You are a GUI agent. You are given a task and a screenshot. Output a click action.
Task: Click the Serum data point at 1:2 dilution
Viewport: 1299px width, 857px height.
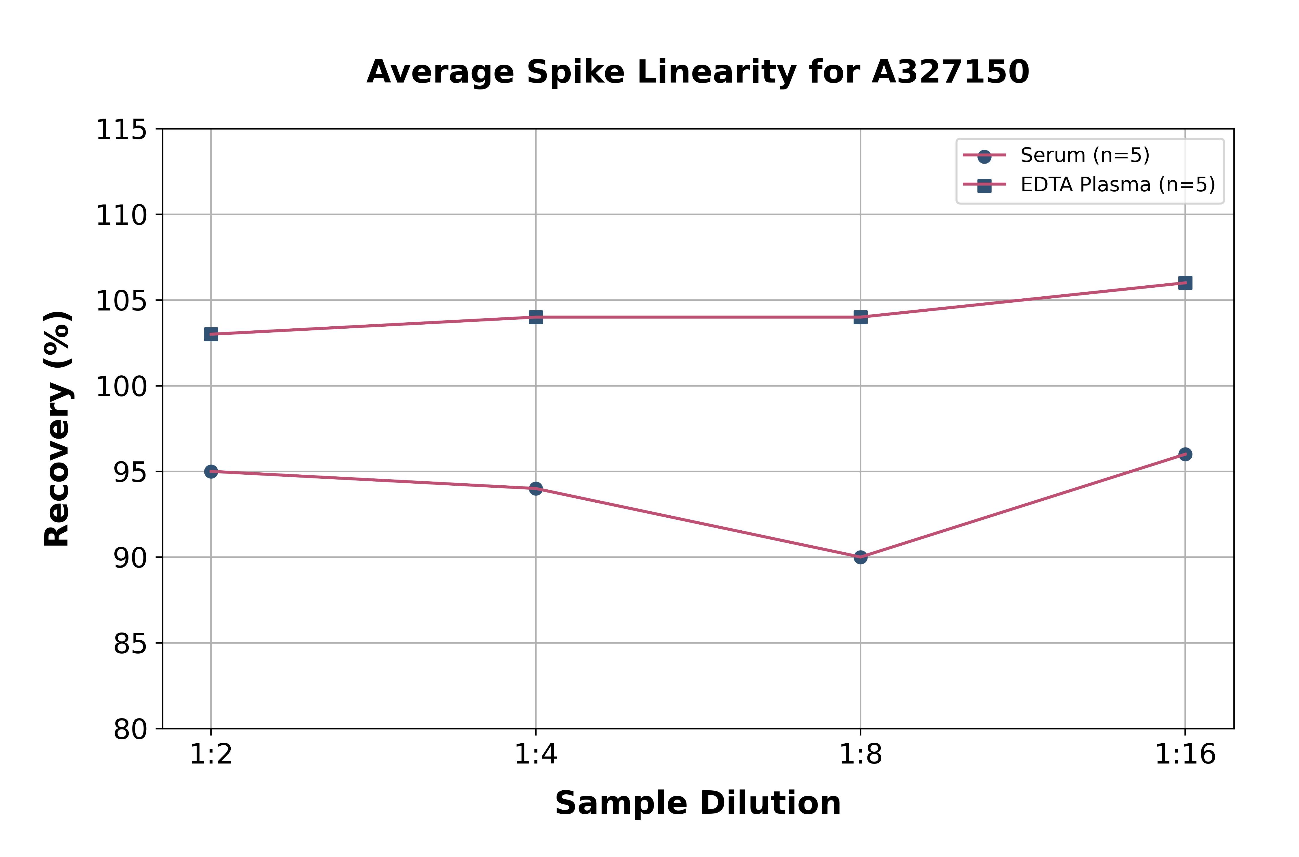pyautogui.click(x=211, y=471)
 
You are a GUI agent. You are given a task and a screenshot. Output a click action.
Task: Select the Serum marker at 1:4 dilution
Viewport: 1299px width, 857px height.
pyautogui.click(x=536, y=488)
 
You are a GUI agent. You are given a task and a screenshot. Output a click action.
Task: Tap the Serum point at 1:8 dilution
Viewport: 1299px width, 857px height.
pyautogui.click(x=861, y=557)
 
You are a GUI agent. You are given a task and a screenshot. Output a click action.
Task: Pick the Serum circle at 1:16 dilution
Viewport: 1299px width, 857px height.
pyautogui.click(x=1185, y=454)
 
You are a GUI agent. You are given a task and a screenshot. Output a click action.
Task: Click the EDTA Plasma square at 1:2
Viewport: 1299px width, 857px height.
pyautogui.click(x=211, y=334)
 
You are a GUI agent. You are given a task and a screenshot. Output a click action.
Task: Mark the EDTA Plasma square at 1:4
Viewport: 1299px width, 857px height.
pyautogui.click(x=536, y=317)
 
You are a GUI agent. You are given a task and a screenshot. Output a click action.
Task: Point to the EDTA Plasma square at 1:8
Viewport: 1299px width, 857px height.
pyautogui.click(x=861, y=317)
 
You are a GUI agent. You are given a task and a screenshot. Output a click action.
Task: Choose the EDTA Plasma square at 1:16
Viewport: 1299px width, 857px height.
pyautogui.click(x=1185, y=282)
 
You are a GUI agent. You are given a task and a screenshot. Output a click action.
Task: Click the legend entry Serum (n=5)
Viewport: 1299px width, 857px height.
pyautogui.click(x=1085, y=155)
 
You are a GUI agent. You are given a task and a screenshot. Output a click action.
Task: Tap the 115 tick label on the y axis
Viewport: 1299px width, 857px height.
pyautogui.click(x=121, y=130)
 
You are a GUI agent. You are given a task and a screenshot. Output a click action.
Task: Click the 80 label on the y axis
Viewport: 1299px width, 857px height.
pyautogui.click(x=130, y=729)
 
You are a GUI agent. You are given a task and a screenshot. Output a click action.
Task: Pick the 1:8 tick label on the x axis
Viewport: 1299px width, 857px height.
pyautogui.click(x=861, y=755)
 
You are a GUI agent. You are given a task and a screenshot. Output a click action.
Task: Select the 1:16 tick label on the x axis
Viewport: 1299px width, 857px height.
pyautogui.click(x=1185, y=755)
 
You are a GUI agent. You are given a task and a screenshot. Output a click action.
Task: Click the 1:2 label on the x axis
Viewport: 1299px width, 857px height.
pyautogui.click(x=211, y=755)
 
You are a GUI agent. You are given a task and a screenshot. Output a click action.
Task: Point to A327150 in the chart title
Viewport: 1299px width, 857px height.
pyautogui.click(x=950, y=72)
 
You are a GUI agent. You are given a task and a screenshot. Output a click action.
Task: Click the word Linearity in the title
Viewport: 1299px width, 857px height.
pyautogui.click(x=716, y=72)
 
